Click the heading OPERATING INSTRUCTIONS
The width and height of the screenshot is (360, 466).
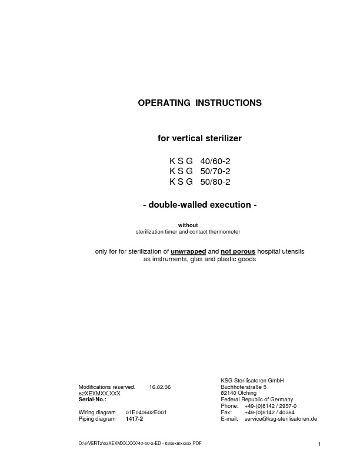[x=199, y=103]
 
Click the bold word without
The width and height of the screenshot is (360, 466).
[x=188, y=225]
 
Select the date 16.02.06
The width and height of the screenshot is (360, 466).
[x=160, y=387]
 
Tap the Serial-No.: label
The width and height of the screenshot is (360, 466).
[x=92, y=399]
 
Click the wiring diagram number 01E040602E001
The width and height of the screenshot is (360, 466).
[x=146, y=412]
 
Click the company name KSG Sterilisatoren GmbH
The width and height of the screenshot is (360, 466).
[x=252, y=381]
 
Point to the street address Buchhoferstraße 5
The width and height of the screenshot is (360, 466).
[x=244, y=387]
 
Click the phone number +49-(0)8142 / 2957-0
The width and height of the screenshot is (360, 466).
[x=270, y=406]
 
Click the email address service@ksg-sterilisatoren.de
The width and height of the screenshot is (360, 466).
[x=281, y=419]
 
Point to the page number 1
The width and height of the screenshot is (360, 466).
[x=318, y=444]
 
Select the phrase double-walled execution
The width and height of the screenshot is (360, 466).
[x=199, y=205]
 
